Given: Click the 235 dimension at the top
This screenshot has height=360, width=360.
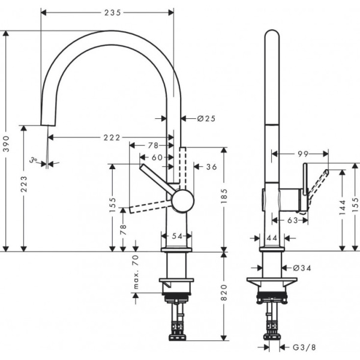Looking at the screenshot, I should click(107, 12).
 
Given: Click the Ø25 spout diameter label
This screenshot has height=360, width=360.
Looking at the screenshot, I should click(206, 118).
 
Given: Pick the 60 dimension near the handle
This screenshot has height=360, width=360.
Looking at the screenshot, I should click(157, 157).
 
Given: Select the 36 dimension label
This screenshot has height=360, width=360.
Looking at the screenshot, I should click(211, 167).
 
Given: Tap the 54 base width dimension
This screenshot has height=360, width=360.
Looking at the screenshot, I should click(176, 236).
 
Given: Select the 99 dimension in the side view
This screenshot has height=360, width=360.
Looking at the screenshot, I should click(304, 154).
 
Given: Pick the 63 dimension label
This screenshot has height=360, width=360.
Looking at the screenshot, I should click(292, 220).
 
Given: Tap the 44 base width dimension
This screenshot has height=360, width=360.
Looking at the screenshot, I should click(271, 238).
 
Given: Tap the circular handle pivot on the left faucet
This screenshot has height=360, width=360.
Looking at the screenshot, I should click(181, 200).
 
